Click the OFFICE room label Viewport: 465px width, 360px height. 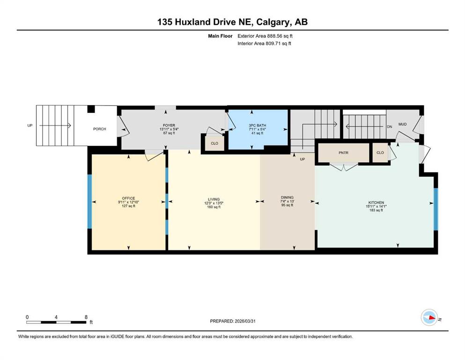(128, 198)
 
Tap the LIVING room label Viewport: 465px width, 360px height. (214, 199)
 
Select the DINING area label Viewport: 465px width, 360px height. (287, 197)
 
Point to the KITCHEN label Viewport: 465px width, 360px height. (376, 202)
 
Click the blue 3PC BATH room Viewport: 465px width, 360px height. (258, 129)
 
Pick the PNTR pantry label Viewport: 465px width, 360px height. (343, 152)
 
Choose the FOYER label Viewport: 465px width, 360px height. (169, 125)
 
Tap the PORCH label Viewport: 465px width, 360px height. (100, 129)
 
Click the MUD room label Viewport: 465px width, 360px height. (402, 124)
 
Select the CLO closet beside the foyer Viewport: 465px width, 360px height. (214, 143)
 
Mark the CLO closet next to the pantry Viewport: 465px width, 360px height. (380, 152)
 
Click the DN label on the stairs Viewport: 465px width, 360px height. (390, 127)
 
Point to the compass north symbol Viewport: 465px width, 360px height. (429, 317)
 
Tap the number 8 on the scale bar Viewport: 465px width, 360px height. (86, 317)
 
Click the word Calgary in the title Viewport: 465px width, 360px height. (274, 22)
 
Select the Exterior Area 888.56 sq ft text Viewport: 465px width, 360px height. (265, 36)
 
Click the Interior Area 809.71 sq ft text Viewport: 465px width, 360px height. (264, 43)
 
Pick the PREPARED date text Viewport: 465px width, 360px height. (232, 321)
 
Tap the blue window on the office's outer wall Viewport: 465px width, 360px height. (89, 201)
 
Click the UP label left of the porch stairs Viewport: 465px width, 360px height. (30, 125)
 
